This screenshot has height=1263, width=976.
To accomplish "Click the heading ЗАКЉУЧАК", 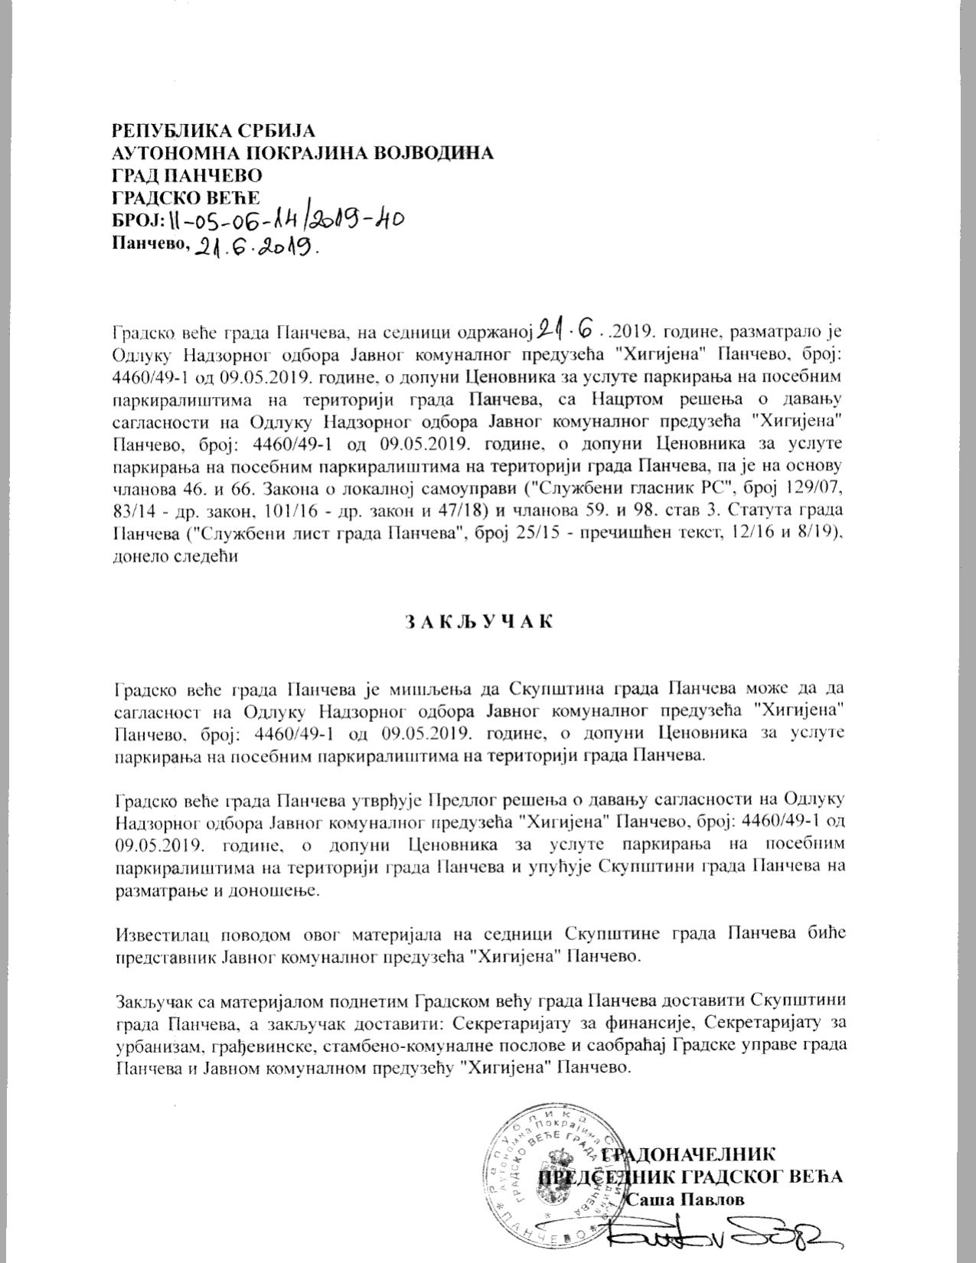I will (478, 621).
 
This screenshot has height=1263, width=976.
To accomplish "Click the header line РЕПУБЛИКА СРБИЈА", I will (213, 130).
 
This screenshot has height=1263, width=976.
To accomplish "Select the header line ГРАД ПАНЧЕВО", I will (187, 176).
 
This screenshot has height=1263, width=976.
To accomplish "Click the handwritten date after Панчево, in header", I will (256, 246).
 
